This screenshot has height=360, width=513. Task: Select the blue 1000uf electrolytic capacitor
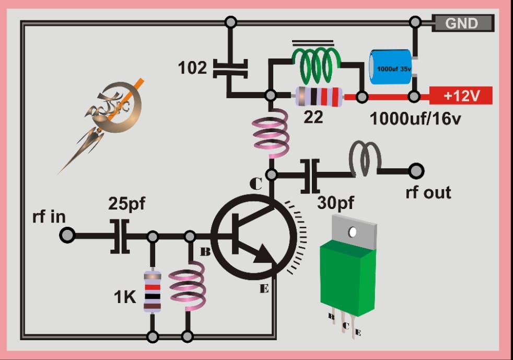[390, 66]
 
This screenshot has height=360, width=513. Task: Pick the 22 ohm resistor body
[319, 97]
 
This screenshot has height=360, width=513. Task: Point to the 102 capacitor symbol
[230, 68]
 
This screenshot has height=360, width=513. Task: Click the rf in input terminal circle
[67, 236]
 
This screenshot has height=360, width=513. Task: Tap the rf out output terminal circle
[416, 170]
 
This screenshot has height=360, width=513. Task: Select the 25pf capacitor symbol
[120, 236]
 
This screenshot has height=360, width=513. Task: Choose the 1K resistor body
[152, 292]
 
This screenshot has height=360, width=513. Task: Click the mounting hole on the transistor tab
[353, 230]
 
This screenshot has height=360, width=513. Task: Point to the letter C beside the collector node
[256, 183]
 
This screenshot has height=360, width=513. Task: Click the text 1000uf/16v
[415, 118]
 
